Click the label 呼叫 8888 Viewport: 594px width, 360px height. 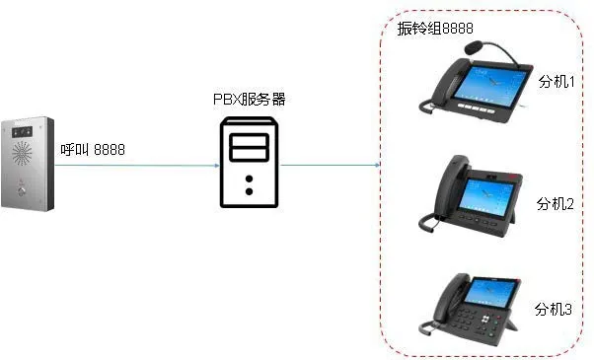click(x=92, y=150)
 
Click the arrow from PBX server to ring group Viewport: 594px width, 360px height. click(x=332, y=165)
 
